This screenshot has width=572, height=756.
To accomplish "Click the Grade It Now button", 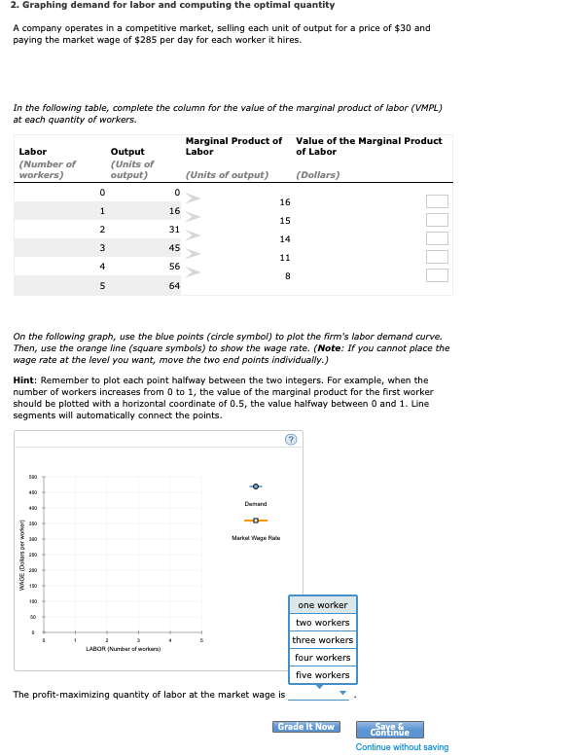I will click(306, 727).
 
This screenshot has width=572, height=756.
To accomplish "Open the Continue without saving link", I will click(402, 747).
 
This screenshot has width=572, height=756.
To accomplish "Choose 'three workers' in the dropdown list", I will click(324, 640).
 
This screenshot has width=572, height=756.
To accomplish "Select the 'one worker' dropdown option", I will click(322, 605).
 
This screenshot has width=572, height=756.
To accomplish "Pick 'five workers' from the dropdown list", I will click(322, 675).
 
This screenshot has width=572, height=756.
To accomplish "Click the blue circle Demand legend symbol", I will click(256, 486).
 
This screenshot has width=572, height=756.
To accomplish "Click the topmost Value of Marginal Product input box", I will click(438, 201).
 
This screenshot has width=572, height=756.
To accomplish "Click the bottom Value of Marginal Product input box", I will click(438, 275).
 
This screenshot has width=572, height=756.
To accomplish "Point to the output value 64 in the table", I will click(173, 285).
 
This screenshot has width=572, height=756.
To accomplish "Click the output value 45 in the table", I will click(174, 247).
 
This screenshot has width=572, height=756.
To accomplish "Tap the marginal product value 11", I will click(284, 257).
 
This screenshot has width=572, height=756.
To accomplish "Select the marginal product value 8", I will click(286, 275).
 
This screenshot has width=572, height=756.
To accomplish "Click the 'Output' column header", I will click(127, 152).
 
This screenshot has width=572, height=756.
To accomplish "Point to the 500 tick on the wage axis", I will click(32, 477).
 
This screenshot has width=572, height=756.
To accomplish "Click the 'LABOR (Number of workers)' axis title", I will click(123, 647).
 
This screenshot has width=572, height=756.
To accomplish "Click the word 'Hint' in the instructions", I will click(24, 379).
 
